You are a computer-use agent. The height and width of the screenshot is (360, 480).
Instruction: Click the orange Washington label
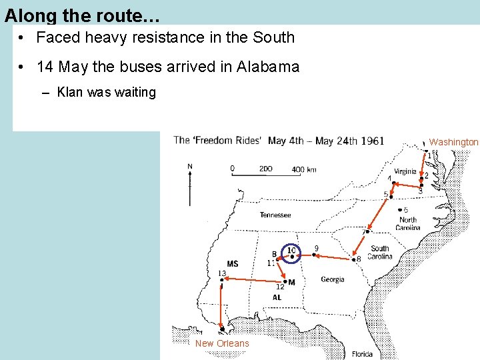point(453,142)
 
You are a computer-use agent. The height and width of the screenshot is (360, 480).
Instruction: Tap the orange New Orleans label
point(222,343)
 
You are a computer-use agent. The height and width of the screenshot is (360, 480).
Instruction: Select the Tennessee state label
point(275,215)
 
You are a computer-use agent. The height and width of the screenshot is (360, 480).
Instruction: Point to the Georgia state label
point(332,279)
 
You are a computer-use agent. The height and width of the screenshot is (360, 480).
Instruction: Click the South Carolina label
point(380,253)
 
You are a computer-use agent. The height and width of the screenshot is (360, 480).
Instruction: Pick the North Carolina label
point(407,224)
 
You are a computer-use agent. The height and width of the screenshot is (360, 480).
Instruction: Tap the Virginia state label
point(404,171)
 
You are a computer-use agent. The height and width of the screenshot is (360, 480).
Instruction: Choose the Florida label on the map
point(363,354)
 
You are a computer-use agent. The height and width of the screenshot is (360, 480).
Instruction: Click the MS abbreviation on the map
point(232,264)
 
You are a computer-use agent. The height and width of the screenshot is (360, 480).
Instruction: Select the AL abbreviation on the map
point(277,297)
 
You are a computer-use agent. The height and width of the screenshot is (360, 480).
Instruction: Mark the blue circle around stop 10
point(291,251)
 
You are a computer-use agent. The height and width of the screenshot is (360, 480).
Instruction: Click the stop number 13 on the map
point(221,273)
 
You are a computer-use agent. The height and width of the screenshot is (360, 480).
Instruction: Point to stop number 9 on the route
point(316,249)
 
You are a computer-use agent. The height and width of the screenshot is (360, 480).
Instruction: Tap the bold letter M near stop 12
point(291,282)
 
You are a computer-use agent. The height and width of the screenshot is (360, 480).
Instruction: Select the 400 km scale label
point(304,169)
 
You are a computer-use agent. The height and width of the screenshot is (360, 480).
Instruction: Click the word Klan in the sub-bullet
point(71,92)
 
